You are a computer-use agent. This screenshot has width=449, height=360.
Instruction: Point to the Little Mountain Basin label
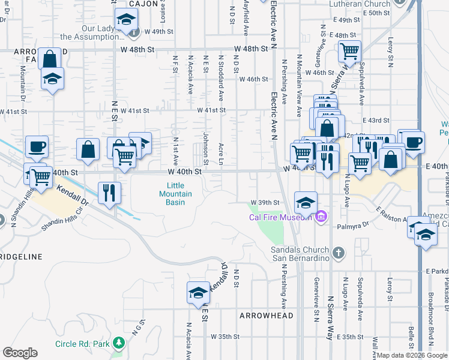(x=176, y=194)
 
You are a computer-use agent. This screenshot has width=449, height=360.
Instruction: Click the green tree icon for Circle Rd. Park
(x=119, y=343)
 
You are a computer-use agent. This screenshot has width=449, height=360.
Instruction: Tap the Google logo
(x=20, y=353)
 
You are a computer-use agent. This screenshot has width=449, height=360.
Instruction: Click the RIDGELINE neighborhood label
(x=22, y=257)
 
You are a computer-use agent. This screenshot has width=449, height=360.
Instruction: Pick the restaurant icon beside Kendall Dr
(x=109, y=193)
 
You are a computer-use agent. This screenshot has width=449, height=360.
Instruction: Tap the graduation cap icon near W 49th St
(x=126, y=22)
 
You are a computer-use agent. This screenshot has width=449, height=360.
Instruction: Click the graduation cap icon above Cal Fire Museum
(x=306, y=202)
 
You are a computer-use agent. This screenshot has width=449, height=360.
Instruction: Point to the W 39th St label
(x=266, y=202)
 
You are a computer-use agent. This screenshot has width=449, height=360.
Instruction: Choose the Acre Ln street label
(x=221, y=154)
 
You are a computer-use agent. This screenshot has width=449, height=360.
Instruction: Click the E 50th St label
(x=377, y=13)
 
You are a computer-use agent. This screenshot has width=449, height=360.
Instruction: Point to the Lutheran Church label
(x=360, y=4)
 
